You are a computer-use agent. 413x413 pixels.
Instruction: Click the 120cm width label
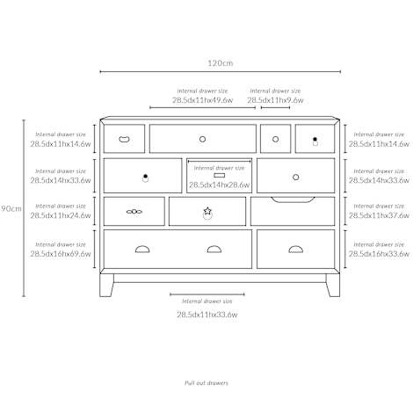click(221, 63)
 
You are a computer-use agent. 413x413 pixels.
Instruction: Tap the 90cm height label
click(11, 208)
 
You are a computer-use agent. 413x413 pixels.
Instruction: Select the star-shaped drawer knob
click(207, 211)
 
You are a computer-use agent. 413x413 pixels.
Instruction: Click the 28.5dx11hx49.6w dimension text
click(202, 100)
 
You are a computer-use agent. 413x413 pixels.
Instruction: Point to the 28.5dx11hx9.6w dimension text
click(275, 100)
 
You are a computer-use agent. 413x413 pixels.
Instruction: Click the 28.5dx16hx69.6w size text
click(61, 254)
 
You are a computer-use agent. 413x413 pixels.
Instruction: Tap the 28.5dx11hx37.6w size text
click(379, 215)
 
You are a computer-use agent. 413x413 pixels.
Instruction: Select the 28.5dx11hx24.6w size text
click(61, 215)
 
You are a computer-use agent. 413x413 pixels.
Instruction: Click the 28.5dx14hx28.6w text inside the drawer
click(219, 185)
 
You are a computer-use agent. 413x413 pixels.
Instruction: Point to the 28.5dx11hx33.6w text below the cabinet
click(207, 315)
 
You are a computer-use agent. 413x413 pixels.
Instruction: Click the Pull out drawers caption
click(206, 383)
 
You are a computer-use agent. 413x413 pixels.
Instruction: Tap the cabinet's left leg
click(106, 285)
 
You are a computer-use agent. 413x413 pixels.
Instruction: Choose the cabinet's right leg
click(333, 285)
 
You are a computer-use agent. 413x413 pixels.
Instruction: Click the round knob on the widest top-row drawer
click(202, 139)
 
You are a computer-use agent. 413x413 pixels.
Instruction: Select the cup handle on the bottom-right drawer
click(296, 250)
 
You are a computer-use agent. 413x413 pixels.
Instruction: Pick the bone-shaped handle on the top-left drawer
click(124, 139)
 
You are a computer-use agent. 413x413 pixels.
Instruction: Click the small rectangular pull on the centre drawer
click(220, 175)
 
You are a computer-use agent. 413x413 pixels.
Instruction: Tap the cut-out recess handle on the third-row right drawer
click(293, 200)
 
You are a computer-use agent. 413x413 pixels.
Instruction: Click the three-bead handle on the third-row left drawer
click(134, 212)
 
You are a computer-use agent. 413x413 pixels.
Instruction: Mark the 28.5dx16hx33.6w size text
click(379, 254)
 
